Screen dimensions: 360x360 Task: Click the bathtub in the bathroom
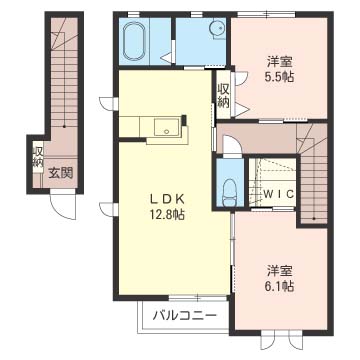(135, 41)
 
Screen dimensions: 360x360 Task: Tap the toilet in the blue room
(230, 193)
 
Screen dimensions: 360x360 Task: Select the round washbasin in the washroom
(217, 29)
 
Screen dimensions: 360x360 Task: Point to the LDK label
(166, 199)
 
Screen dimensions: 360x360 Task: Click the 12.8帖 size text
(167, 215)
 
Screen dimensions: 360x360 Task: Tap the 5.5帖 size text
(279, 77)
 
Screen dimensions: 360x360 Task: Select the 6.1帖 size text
(279, 286)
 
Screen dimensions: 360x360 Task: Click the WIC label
(278, 194)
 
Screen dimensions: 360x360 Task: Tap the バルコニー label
(185, 315)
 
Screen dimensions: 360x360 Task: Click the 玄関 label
(61, 173)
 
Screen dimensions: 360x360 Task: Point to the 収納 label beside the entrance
(38, 157)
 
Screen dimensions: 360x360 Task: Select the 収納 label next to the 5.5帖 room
(224, 96)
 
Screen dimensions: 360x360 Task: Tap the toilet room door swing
(232, 146)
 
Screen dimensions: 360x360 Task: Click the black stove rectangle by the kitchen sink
(184, 119)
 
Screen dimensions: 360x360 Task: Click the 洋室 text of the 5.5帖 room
(279, 62)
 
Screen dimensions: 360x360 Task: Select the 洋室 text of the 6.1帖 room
(279, 271)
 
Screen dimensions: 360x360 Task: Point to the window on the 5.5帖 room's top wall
(266, 14)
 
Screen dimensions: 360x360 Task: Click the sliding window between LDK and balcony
(198, 297)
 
